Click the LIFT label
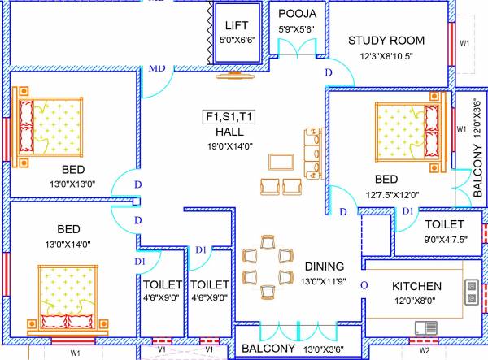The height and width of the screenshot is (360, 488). (x=237, y=26)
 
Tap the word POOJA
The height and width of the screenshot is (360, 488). (x=298, y=15)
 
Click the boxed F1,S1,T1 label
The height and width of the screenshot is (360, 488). (x=229, y=117)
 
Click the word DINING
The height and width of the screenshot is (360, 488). (x=325, y=266)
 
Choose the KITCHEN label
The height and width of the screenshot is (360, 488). (x=416, y=286)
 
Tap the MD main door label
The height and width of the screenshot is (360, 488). (x=156, y=67)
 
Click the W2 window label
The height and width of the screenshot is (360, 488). (x=424, y=351)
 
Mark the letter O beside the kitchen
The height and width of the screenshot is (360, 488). (x=364, y=285)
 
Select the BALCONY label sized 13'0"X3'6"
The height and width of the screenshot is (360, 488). (x=268, y=349)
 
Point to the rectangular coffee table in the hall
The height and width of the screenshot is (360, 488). (x=281, y=160)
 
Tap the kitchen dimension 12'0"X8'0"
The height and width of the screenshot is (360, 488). (x=416, y=300)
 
